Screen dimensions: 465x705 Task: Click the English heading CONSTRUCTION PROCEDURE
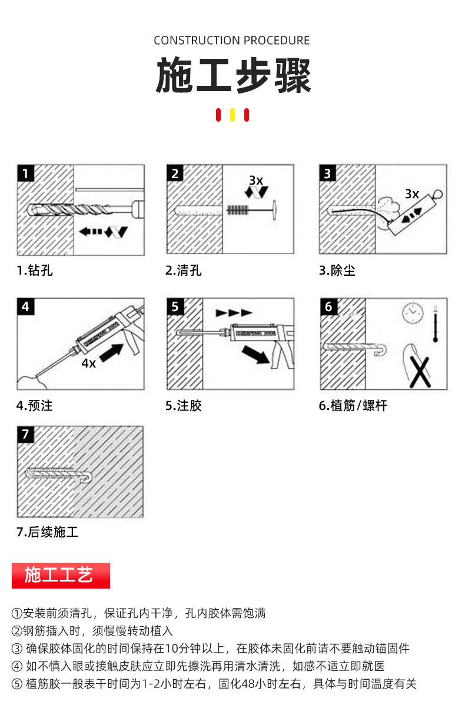(232, 41)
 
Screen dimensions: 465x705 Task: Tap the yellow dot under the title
(232, 115)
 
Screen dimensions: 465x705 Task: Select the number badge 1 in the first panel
(26, 173)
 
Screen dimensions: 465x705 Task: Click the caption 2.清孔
(183, 270)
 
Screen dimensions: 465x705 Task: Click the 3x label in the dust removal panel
(412, 194)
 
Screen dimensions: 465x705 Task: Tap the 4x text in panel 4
(89, 363)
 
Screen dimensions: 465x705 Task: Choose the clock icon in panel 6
(413, 312)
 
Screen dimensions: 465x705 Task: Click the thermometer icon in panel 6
(436, 323)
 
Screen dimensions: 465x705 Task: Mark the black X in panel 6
(420, 372)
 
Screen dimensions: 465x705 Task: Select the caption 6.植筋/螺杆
(353, 406)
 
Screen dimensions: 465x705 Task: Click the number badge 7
(26, 435)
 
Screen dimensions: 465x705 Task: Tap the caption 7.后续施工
(47, 532)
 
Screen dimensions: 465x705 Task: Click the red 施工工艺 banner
(61, 576)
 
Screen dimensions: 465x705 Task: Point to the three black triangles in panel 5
(234, 313)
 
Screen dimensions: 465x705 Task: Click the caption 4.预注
(34, 406)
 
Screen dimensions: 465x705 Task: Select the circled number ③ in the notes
(17, 649)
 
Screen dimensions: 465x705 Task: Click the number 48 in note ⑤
(248, 684)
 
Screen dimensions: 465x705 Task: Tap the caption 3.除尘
(337, 270)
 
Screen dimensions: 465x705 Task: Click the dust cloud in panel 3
(389, 208)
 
